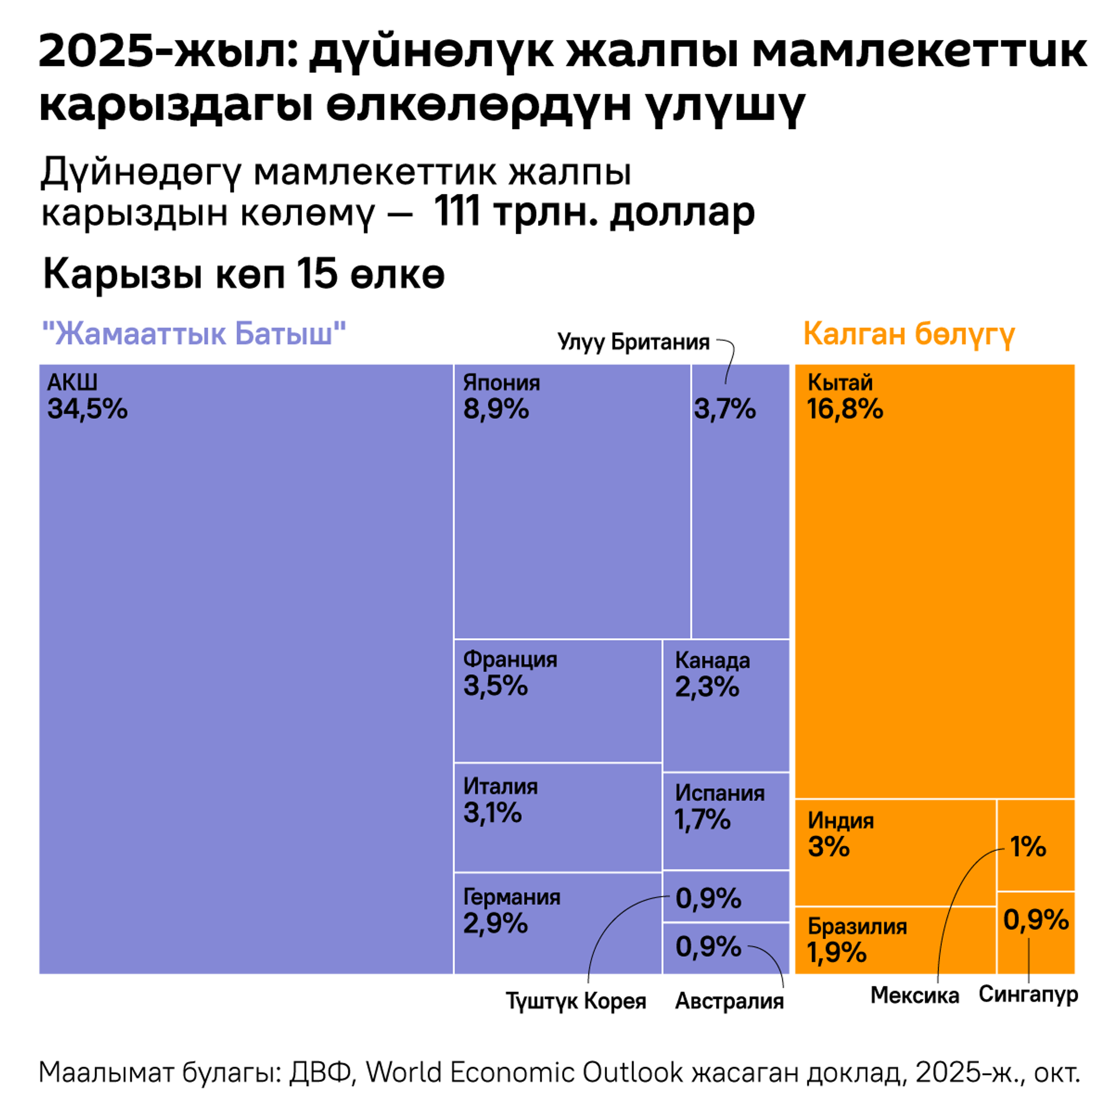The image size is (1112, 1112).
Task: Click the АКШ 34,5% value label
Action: [87, 409]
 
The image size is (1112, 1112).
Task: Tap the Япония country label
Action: [501, 383]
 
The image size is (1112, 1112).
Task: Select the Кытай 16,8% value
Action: [844, 409]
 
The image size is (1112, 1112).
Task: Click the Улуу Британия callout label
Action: [633, 342]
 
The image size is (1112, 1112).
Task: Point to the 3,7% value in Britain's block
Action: [725, 409]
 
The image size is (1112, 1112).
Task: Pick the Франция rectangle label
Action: [510, 659]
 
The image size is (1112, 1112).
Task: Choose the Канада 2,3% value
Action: [707, 687]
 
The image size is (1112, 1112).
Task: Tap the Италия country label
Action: [500, 786]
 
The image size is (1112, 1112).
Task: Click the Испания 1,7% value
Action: [702, 820]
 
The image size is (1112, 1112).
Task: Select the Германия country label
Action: [511, 897]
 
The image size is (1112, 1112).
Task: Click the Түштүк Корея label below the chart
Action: [576, 1001]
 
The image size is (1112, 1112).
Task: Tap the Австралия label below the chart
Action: [729, 1001]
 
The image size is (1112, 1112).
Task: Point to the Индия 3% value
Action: [828, 847]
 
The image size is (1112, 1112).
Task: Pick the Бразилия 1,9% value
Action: [836, 952]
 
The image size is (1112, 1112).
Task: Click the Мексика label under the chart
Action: [915, 995]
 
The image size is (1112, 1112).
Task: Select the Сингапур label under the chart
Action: [1028, 994]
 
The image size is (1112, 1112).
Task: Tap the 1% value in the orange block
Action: [1028, 847]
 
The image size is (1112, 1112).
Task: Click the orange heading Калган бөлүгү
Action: [909, 334]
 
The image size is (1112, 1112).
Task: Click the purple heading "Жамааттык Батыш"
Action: [194, 334]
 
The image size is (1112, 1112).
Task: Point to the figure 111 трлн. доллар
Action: [594, 212]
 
